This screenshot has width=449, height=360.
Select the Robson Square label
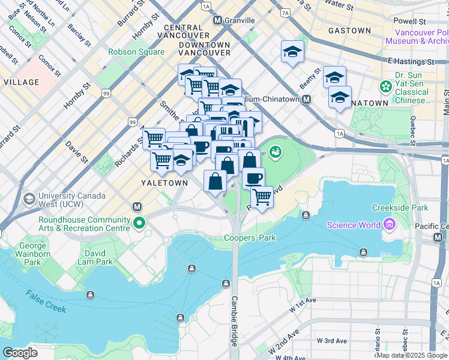click(x=136, y=52)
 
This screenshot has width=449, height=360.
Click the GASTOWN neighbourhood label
click(x=349, y=31)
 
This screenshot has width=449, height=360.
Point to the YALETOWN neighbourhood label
click(x=161, y=183)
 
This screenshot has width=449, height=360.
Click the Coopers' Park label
click(x=250, y=238)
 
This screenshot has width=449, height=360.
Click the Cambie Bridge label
click(x=235, y=321)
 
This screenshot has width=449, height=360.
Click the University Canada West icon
click(x=29, y=199)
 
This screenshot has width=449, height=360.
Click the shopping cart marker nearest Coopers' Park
click(x=262, y=197)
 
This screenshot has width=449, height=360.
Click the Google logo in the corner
click(x=20, y=353)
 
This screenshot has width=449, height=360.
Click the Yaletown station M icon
click(x=137, y=207)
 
